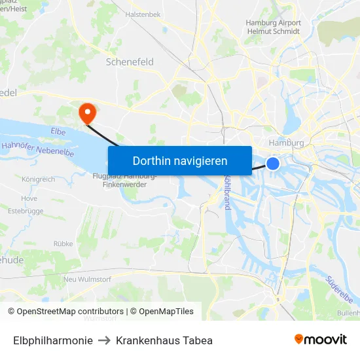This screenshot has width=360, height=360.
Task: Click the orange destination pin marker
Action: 86,113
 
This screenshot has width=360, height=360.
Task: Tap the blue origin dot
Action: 273,164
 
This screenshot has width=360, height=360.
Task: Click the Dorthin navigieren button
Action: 180,160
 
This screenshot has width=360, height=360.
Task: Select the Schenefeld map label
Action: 130,62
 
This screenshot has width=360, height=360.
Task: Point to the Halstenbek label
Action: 143,14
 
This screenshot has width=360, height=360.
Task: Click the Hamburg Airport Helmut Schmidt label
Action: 274,27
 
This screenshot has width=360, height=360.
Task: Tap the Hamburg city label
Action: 286,143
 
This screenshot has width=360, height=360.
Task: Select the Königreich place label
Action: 38,179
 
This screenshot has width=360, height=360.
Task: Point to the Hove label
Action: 29,198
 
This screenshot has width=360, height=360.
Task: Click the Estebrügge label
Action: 25,211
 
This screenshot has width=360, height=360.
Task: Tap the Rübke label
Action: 63,243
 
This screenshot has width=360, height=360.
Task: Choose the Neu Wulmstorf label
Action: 88,279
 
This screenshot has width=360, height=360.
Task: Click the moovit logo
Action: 321,340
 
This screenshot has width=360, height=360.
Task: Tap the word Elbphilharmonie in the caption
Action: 52,340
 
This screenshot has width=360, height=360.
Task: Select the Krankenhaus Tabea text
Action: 164,340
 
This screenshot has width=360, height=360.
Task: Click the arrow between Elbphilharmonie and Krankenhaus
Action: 104,340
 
